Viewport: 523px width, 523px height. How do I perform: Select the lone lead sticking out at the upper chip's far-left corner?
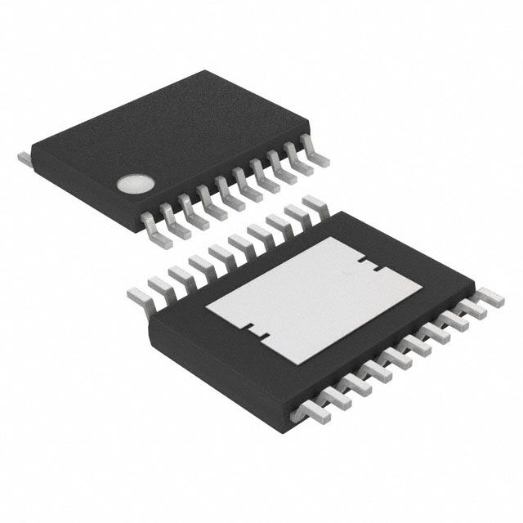click(x=25, y=154)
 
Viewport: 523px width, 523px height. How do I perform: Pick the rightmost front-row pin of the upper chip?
click(x=313, y=149)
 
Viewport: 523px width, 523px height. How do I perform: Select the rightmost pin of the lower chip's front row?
click(x=489, y=300)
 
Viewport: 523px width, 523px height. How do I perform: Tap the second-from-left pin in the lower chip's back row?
click(x=159, y=279)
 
